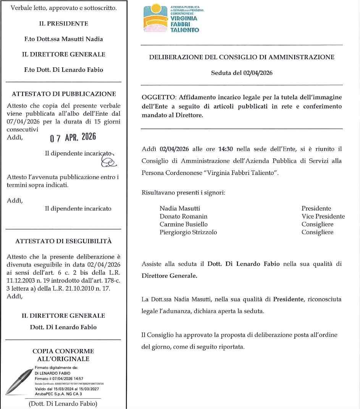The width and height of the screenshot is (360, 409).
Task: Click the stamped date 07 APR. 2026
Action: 73,137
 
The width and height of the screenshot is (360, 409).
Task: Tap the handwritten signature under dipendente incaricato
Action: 108,162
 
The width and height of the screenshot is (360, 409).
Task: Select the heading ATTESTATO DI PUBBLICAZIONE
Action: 64,94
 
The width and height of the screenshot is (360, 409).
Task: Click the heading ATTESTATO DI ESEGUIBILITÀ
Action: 63,241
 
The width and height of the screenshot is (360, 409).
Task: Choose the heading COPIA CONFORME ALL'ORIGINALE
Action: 63,355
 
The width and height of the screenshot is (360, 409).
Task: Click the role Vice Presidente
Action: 323,217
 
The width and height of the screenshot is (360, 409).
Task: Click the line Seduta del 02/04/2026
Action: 242,73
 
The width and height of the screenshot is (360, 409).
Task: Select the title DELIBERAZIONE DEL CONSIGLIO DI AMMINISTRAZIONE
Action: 242,57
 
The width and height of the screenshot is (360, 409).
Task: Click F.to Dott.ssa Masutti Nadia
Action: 64,39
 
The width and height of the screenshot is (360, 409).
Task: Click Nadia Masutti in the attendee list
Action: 180,209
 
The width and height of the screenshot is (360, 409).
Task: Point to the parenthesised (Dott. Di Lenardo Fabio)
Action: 63,404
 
